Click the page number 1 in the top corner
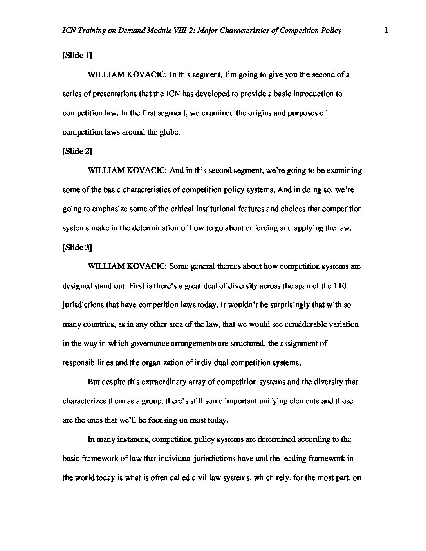point(386,31)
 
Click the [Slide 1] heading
point(77,56)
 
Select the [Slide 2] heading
point(77,151)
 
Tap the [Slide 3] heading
point(77,247)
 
